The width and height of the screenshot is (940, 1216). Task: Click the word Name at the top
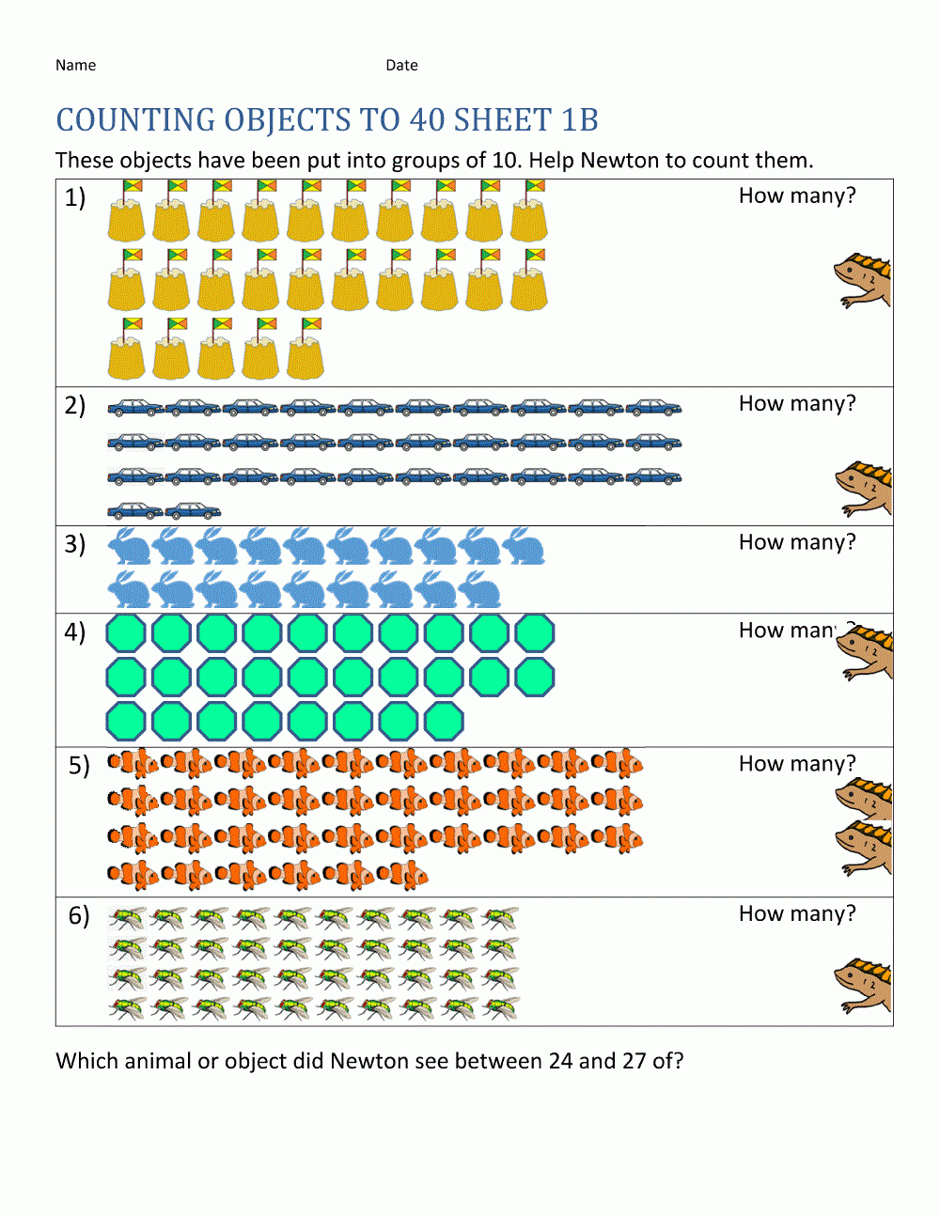point(75,65)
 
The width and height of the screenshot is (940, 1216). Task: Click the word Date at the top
point(401,65)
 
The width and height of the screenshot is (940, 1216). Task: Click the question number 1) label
point(75,197)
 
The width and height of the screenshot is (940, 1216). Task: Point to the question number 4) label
point(75,631)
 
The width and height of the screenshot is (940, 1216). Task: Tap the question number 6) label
point(79,915)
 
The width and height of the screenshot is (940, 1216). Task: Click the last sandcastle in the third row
point(305,350)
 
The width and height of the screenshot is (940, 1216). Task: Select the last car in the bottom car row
point(193,511)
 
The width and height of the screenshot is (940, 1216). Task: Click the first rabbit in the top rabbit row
point(130,546)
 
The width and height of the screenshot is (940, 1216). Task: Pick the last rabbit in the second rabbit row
point(479,590)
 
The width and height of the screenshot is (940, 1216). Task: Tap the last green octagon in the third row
point(444,722)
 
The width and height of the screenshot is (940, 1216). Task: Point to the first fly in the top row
point(127,918)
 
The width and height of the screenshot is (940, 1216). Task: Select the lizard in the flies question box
point(863,985)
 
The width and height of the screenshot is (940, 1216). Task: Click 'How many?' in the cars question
point(797,404)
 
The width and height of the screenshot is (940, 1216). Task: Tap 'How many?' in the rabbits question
point(797,543)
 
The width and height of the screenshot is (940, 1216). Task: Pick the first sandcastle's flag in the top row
point(133,186)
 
